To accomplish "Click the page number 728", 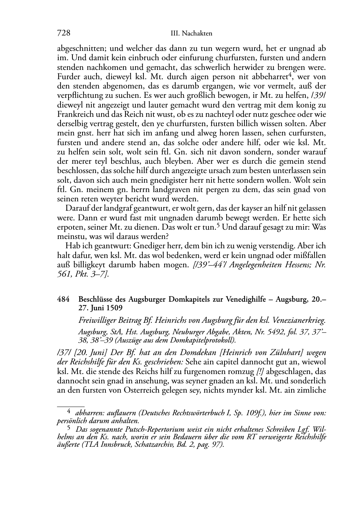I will pyautogui.click(x=63, y=33).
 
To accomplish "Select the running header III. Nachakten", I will pyautogui.click(x=192, y=34).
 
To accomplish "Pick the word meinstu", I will pyautogui.click(x=69, y=236).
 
